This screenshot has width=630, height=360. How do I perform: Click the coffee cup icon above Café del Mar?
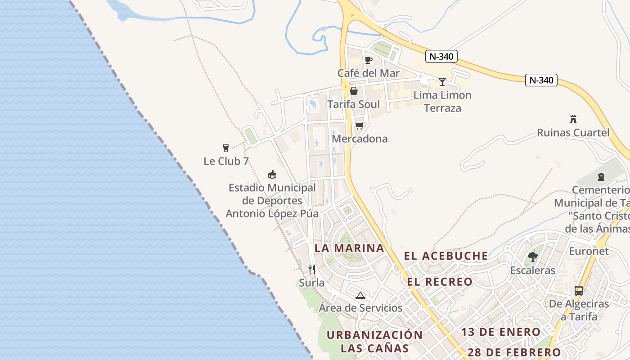(x=369, y=60)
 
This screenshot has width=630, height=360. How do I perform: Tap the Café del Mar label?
(x=369, y=73)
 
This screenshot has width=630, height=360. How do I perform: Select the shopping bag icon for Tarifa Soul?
(x=354, y=91)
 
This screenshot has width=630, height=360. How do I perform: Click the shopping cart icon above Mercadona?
(x=359, y=126)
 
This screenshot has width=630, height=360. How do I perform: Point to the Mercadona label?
(x=360, y=139)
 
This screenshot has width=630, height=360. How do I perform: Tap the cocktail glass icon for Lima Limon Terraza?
(x=442, y=82)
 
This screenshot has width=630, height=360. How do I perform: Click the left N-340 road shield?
(x=441, y=56)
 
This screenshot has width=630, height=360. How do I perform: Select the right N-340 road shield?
(x=541, y=81)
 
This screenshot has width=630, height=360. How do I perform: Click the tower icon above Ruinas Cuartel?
(x=573, y=119)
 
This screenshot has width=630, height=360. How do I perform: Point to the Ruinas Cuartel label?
(x=573, y=133)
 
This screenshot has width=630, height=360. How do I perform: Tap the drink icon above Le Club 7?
(x=226, y=148)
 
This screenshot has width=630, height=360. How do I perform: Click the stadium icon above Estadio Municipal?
(x=272, y=174)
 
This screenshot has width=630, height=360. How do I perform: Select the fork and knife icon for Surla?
(x=311, y=270)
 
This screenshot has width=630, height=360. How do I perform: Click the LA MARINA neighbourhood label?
(x=349, y=248)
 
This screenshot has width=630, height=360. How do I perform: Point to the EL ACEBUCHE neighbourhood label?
(x=446, y=256)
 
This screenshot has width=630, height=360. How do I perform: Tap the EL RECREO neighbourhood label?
(x=440, y=282)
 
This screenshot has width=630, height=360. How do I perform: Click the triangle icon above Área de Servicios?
(x=360, y=295)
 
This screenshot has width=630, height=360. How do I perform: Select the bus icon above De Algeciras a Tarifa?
(x=579, y=291)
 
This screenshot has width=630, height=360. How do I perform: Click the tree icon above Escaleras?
(x=533, y=257)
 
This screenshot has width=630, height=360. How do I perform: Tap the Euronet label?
(x=589, y=251)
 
